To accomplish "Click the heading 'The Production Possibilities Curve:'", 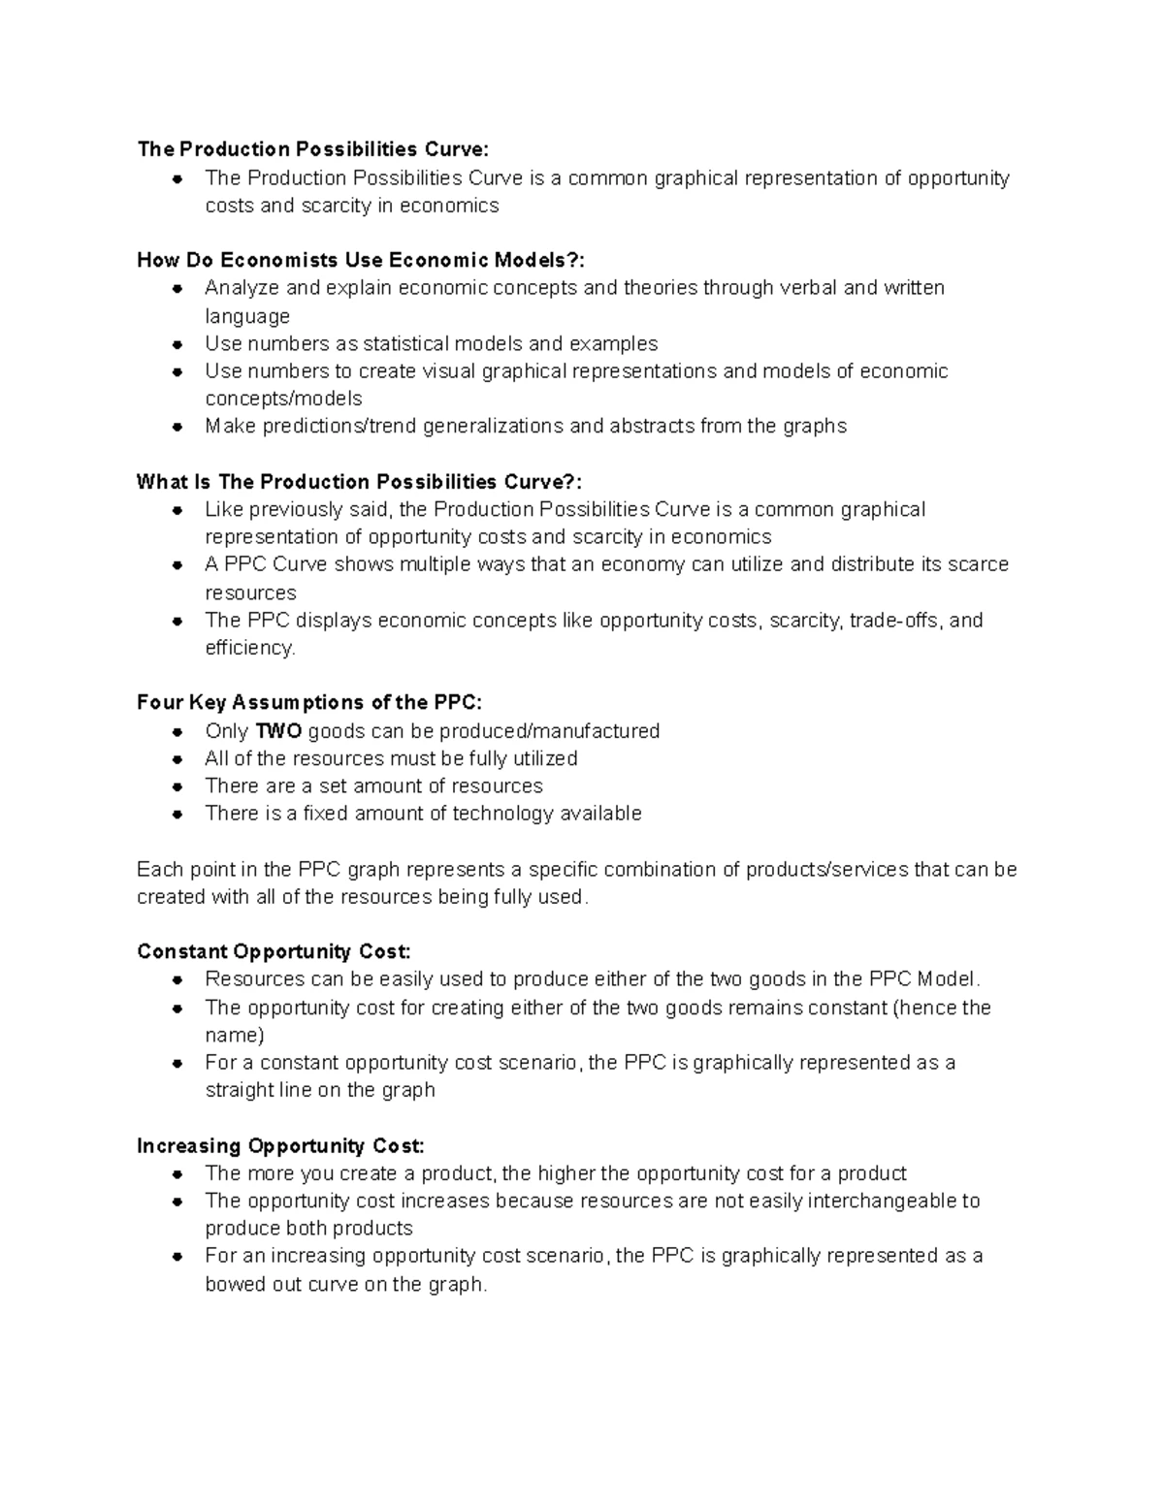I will coord(313,149).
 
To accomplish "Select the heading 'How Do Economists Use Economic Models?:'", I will coord(361,260).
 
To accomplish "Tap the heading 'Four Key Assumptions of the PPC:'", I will coord(308,703).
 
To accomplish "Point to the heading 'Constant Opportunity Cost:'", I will coord(274,951).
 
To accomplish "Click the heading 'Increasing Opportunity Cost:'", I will coord(280,1146).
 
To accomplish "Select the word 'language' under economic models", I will coord(247,317).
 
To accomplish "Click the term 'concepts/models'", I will coord(283,400).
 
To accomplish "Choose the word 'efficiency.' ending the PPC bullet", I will coord(249,648).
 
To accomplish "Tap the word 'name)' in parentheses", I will coord(234,1036).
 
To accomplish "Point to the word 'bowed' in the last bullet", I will coord(229,1285).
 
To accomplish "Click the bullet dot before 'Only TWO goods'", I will coord(178,732).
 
